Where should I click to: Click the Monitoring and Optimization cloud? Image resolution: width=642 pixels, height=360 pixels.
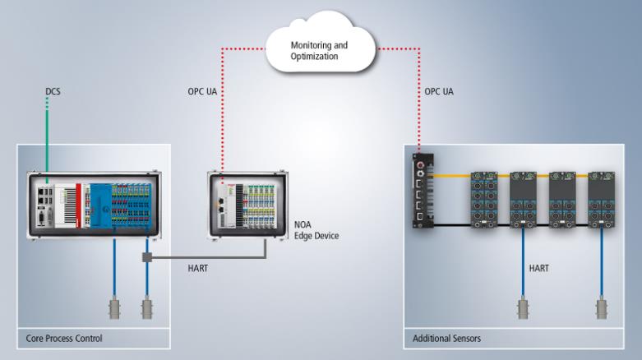[x=321, y=43]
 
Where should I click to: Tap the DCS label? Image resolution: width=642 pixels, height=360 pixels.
[x=53, y=91]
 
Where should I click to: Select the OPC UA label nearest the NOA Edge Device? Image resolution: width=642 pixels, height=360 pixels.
[x=202, y=91]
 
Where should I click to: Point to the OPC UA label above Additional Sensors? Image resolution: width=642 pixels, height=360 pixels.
[x=439, y=91]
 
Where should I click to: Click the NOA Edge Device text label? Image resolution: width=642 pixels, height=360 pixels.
[x=316, y=230]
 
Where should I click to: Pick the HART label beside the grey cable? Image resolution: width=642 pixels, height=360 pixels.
[x=198, y=268]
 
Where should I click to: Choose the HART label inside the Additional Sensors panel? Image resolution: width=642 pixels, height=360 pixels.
[x=538, y=268]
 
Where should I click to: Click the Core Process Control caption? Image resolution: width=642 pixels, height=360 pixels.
[x=64, y=339]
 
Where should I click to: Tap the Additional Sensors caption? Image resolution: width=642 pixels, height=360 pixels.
[x=446, y=339]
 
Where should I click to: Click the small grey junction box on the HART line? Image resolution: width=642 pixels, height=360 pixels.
[x=147, y=257]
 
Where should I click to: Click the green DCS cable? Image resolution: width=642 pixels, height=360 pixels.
[x=47, y=140]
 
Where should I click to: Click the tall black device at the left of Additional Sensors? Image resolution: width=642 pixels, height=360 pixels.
[x=423, y=191]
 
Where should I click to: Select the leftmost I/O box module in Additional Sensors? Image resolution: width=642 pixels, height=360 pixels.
[x=484, y=200]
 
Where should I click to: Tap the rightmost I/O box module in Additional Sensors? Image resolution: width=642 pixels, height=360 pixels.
[x=602, y=200]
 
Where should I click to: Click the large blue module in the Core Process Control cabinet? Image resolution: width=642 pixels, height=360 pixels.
[x=101, y=205]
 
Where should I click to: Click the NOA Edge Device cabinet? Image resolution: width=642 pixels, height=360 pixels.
[x=247, y=205]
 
